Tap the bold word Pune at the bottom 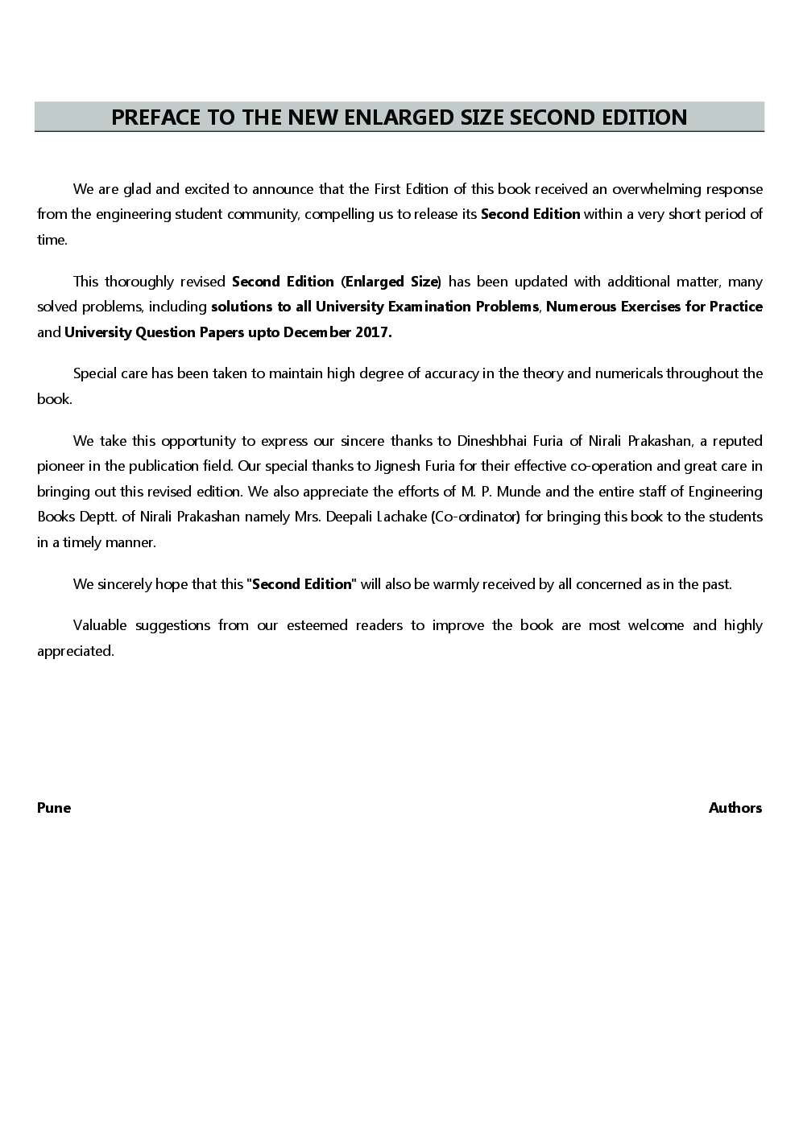[x=54, y=808]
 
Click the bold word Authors [x=735, y=808]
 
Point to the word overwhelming [x=656, y=190]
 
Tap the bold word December [x=317, y=332]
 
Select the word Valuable [x=100, y=625]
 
